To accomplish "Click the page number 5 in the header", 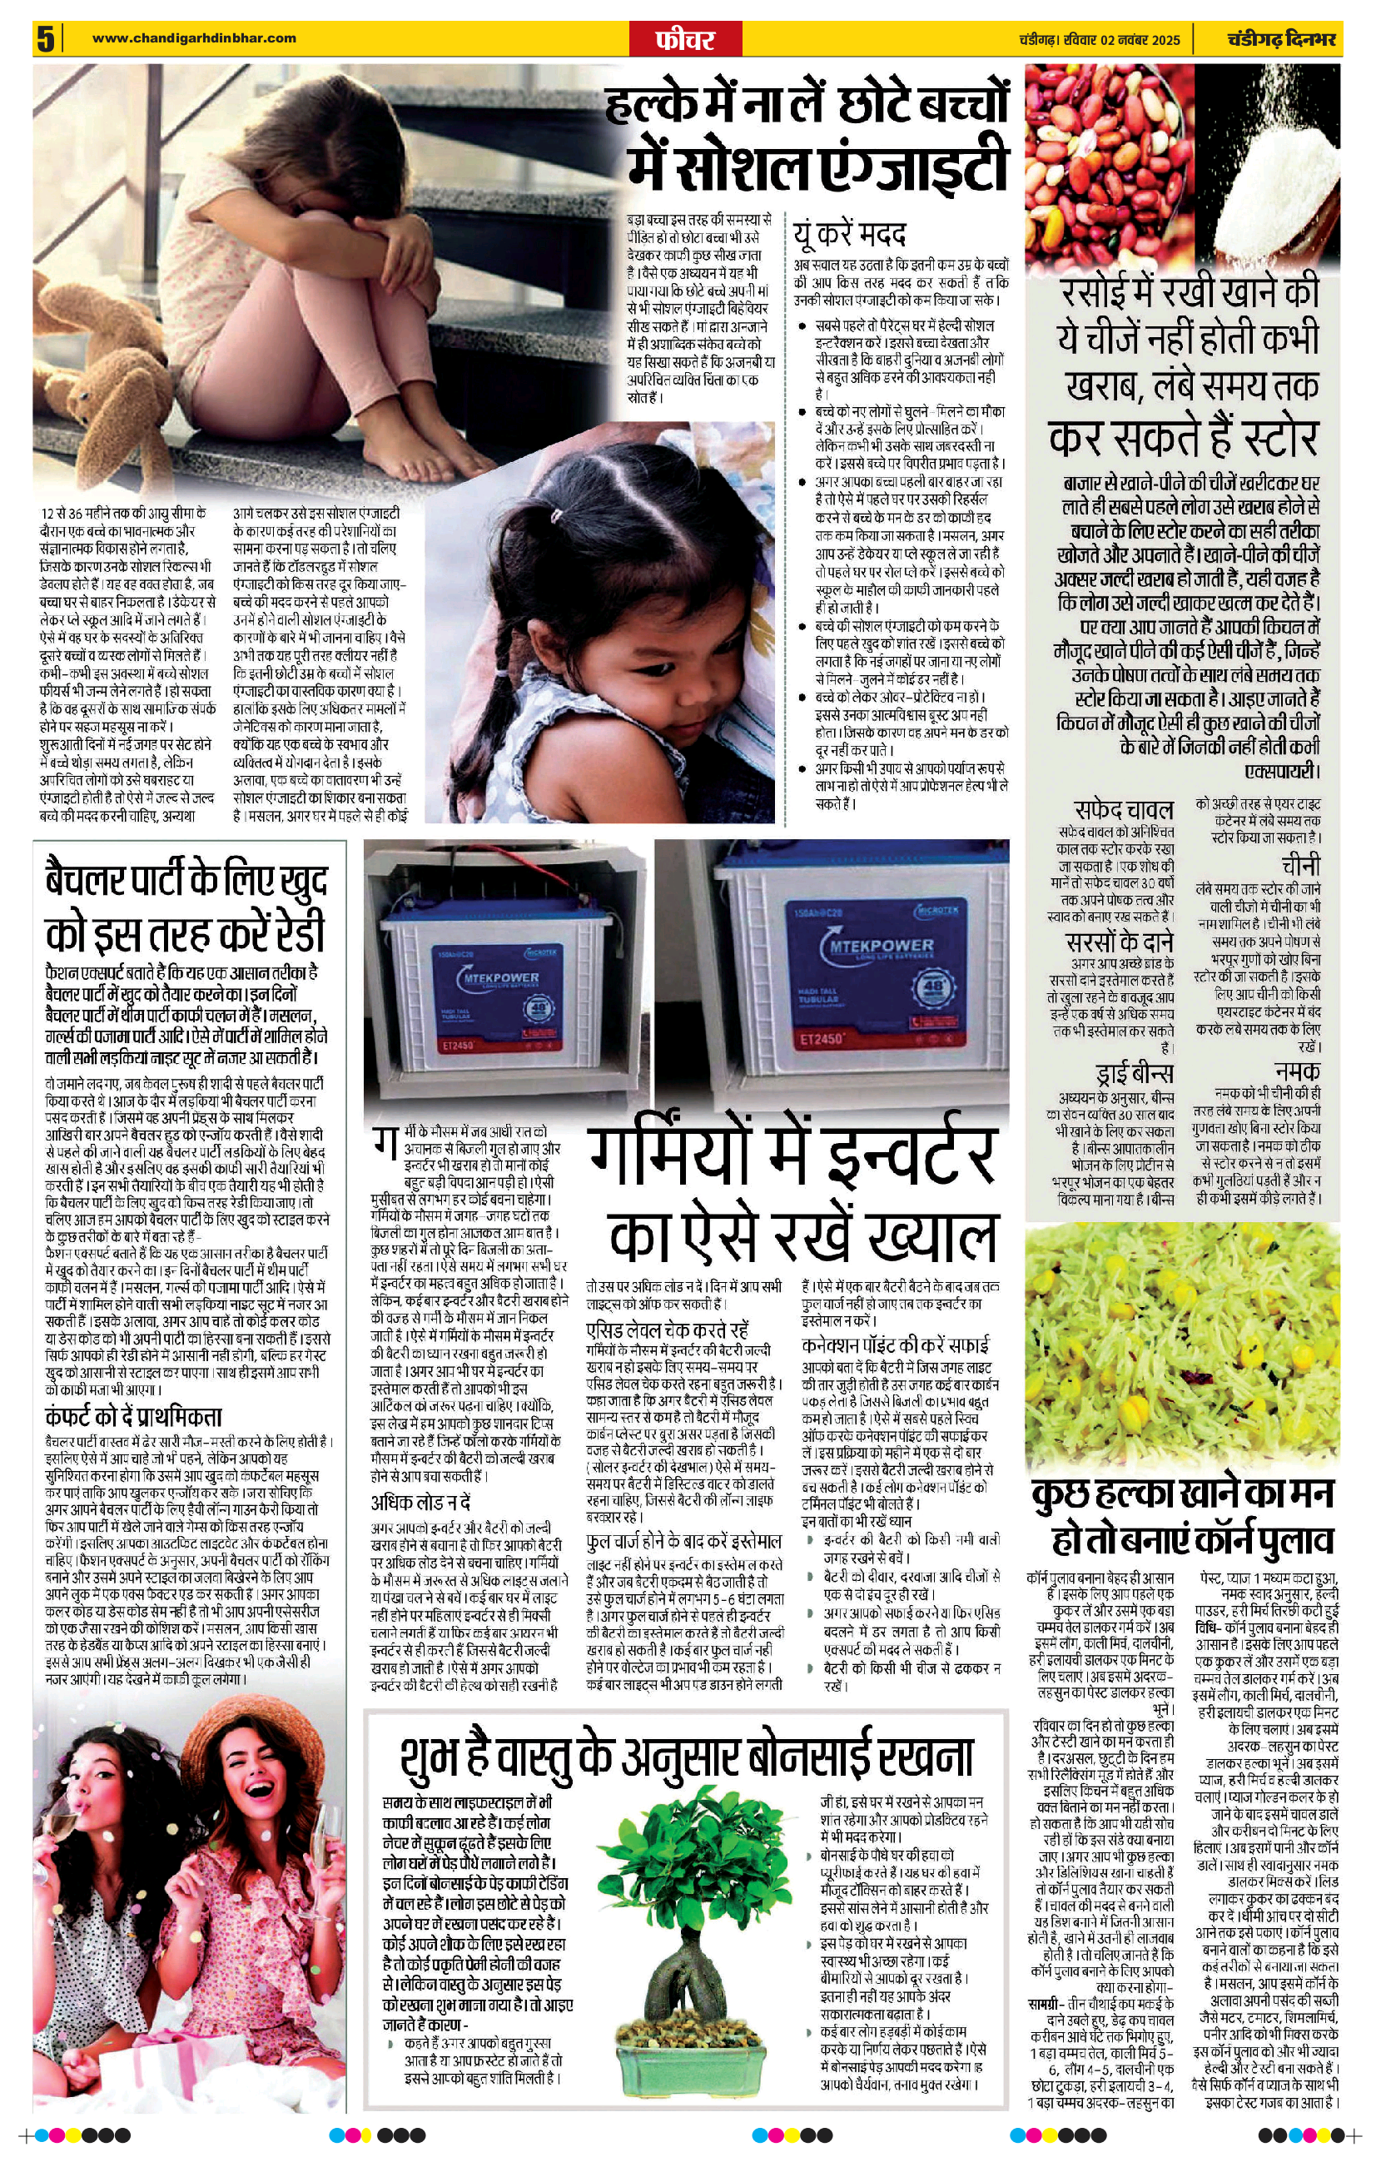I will pyautogui.click(x=46, y=40).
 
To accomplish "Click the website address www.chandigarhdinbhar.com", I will pyautogui.click(x=195, y=37).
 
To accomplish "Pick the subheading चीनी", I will pyautogui.click(x=1301, y=865).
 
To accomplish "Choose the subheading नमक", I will pyautogui.click(x=1297, y=1071).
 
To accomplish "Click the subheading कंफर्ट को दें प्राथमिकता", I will pyautogui.click(x=133, y=1416).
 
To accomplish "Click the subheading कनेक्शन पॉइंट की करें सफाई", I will pyautogui.click(x=896, y=1344).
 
